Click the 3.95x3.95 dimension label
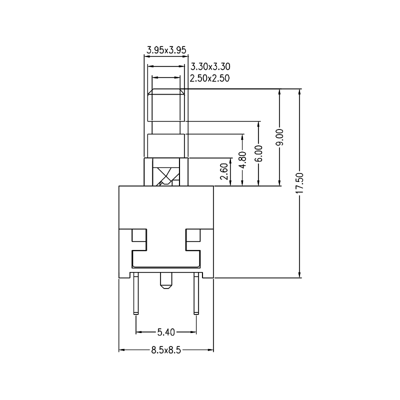click(166, 49)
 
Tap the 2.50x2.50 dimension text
click(210, 78)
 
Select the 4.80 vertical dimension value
click(242, 159)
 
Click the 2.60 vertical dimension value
click(224, 171)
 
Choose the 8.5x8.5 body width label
click(165, 350)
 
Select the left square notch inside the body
click(139, 240)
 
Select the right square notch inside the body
click(192, 240)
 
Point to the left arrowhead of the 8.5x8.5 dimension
click(121, 350)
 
